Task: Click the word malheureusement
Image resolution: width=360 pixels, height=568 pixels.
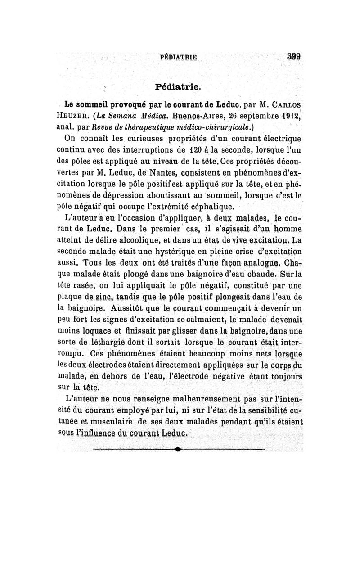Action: point(205,398)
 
